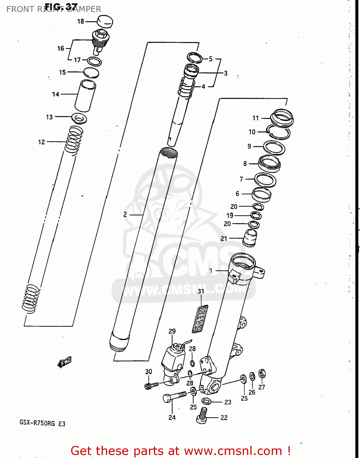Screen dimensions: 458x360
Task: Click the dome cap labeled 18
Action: (105, 22)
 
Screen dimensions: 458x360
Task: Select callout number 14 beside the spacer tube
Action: (55, 94)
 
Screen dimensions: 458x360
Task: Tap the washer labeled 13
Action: (79, 118)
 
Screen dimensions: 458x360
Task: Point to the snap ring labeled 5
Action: (195, 57)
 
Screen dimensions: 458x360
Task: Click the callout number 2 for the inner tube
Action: (125, 215)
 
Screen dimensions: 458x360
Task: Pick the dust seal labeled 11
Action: (282, 117)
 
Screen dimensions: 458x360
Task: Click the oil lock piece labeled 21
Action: (250, 238)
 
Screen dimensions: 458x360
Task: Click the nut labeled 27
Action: (262, 373)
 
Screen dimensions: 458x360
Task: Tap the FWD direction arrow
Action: (65, 362)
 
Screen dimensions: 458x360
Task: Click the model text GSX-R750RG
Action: (37, 423)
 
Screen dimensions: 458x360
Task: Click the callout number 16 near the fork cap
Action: (60, 48)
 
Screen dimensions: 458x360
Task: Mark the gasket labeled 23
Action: (206, 401)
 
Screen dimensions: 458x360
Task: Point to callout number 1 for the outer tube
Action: (211, 271)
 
